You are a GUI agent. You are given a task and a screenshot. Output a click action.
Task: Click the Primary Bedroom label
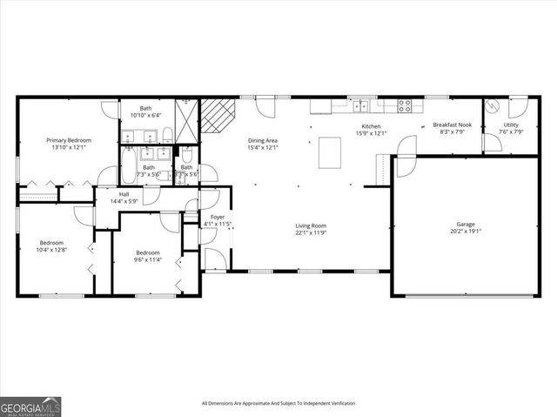coord(69,139)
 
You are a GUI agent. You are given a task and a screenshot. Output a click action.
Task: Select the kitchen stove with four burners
coord(405,106)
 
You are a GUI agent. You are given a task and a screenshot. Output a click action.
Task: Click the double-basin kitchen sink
coord(360,106)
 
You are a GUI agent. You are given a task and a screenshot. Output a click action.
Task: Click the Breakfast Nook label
coord(452,125)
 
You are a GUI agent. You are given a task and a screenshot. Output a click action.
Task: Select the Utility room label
coord(511,125)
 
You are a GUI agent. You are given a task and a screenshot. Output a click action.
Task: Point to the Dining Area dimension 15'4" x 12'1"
coord(262,147)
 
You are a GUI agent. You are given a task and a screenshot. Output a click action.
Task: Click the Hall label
coord(113,195)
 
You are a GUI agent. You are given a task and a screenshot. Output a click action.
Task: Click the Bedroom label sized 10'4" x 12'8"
coord(51,242)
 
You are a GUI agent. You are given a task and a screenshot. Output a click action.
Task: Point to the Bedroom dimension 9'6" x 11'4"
coord(148,259)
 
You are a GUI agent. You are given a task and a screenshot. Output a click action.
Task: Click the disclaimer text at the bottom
coord(278,403)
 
